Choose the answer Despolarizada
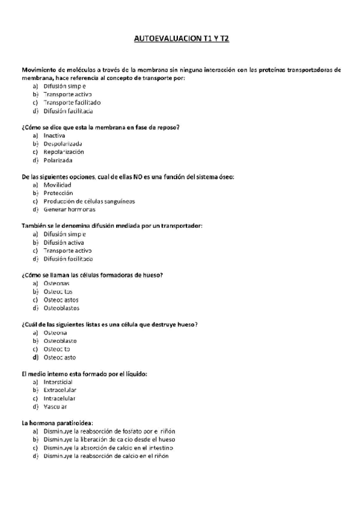(63, 144)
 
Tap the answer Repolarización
(63, 152)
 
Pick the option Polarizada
(58, 161)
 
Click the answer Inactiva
(54, 135)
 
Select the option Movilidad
(57, 185)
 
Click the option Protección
(58, 193)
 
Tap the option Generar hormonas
(69, 209)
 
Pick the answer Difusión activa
(64, 242)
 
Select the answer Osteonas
(56, 283)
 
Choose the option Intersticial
(58, 382)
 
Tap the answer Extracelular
(59, 390)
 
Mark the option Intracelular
(59, 398)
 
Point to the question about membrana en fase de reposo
(100, 127)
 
